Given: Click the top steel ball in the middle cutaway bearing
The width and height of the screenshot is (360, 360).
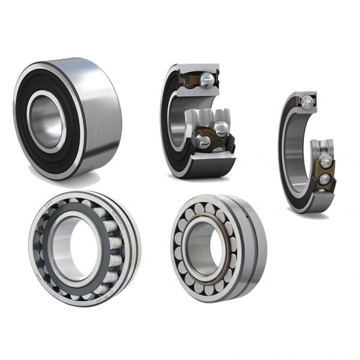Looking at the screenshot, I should pos(207,79).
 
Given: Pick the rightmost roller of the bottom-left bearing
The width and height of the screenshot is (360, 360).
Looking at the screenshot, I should pos(117,245).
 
